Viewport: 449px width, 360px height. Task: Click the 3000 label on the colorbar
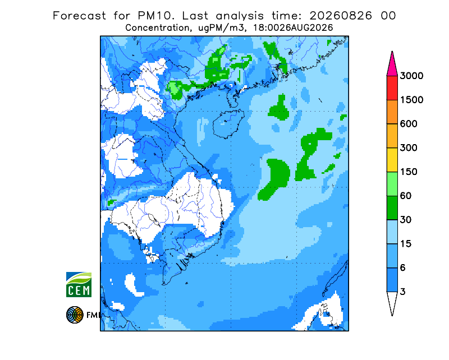pos(411,76)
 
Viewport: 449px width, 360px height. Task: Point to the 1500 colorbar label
pos(411,100)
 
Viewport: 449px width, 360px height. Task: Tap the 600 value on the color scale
pos(409,124)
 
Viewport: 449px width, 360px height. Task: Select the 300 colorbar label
pos(409,148)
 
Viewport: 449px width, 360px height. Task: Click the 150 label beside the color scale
pos(409,172)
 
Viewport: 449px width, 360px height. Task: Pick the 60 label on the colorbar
pos(405,196)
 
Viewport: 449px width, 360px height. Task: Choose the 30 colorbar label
pos(405,220)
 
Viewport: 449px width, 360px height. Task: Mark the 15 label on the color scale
pos(405,244)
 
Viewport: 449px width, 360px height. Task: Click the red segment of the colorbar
pos(392,88)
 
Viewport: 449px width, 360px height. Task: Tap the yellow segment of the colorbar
pos(392,160)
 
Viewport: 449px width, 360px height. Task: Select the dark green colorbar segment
pos(392,208)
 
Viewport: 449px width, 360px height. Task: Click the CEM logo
pos(79,284)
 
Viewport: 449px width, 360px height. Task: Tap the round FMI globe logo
pos(75,315)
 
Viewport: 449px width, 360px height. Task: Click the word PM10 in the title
pos(155,16)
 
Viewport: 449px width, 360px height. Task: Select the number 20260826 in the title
pos(341,16)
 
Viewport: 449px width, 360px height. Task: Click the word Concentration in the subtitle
pos(157,28)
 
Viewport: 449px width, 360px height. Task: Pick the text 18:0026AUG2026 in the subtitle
pos(293,28)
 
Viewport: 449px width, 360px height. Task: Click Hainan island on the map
pos(228,123)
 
